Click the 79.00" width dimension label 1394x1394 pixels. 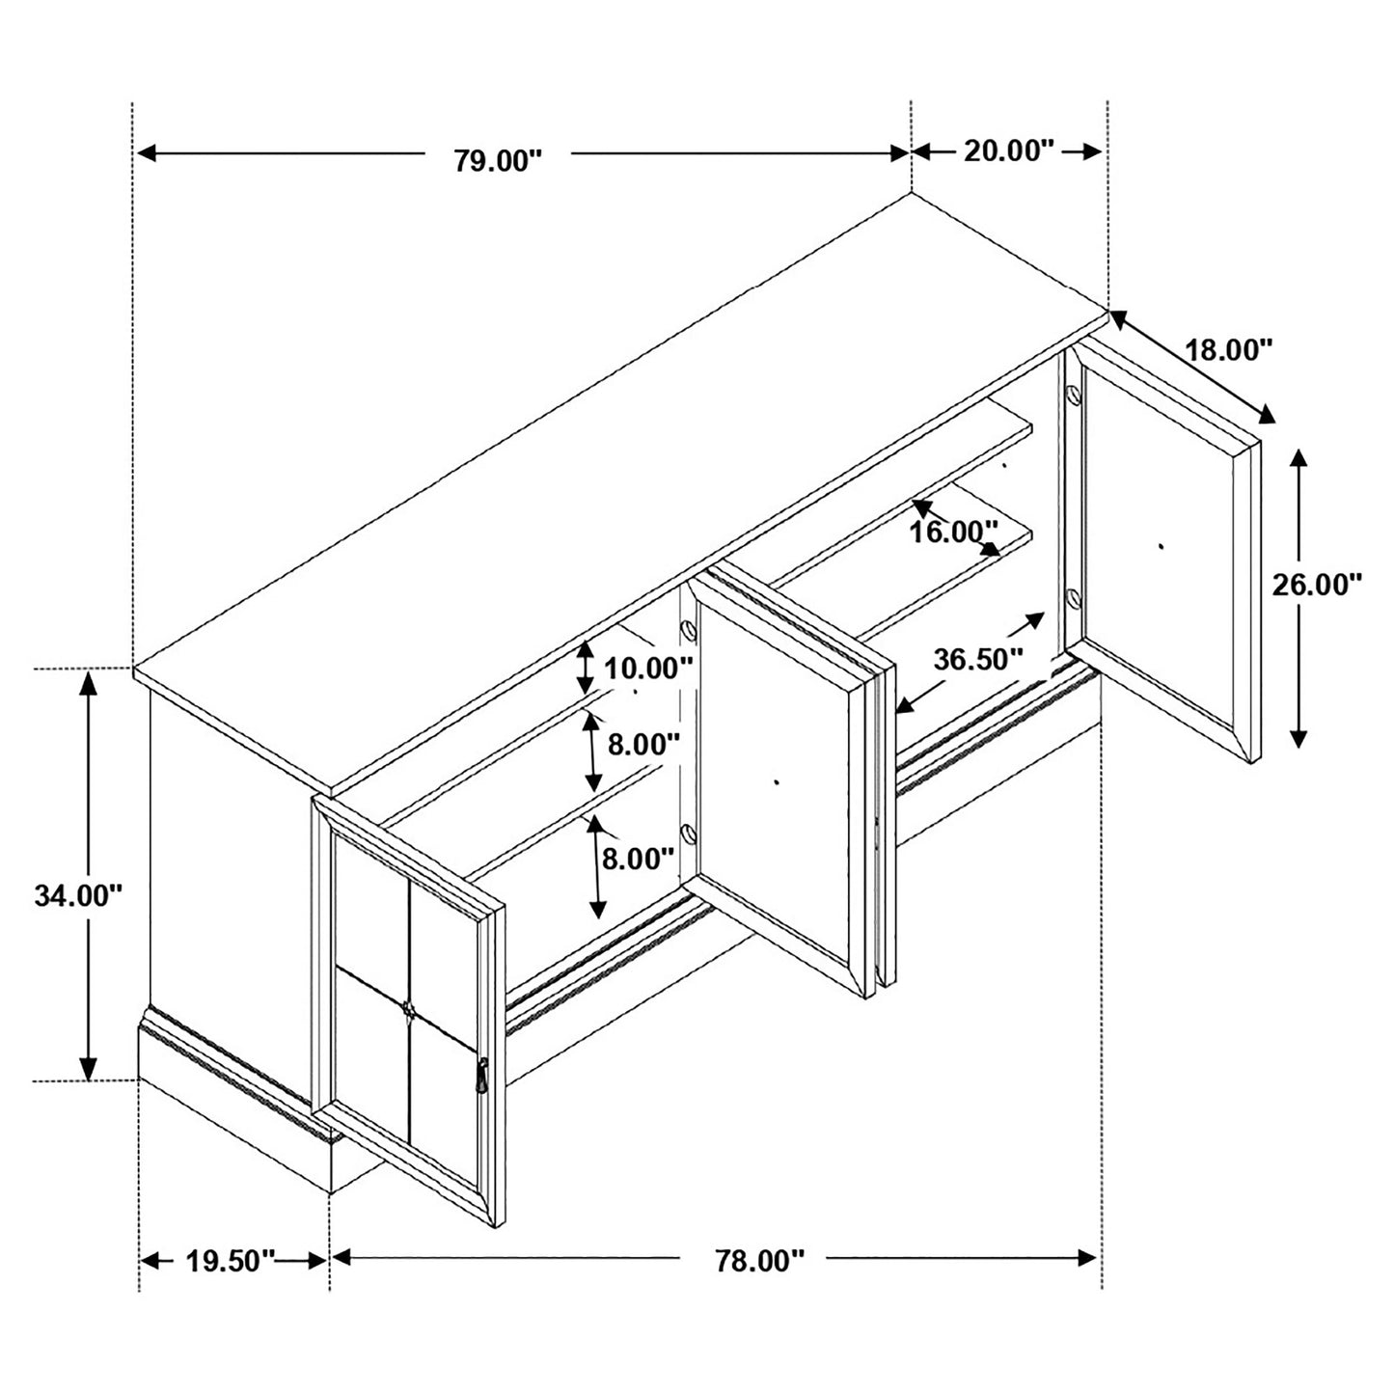point(499,160)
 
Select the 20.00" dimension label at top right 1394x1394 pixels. point(1008,151)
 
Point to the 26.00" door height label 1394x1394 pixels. point(1316,586)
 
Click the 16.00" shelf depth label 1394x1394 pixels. point(954,532)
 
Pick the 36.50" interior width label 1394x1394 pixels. point(977,660)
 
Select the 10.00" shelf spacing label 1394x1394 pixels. point(648,668)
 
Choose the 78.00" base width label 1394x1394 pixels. point(758,1261)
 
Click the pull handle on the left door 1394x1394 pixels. point(482,1075)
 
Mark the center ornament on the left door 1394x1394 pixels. point(409,1009)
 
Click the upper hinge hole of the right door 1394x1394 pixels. point(1072,395)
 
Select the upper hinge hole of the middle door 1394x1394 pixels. point(688,630)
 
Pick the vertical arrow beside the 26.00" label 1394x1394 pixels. point(1298,598)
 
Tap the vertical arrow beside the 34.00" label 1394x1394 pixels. point(88,876)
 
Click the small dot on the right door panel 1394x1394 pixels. point(1161,546)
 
